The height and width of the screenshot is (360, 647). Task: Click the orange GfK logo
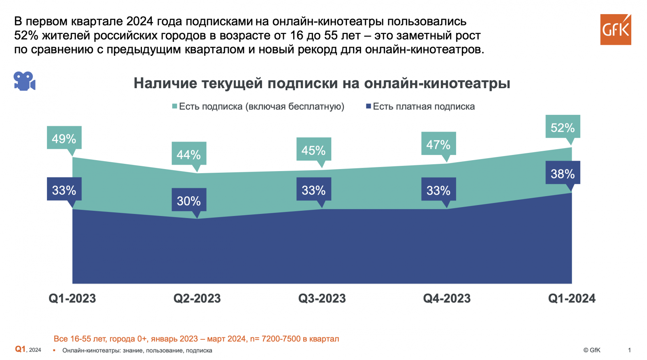[x=615, y=30]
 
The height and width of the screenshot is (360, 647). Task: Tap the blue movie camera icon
[x=24, y=81]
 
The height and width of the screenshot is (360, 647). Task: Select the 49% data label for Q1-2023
[x=64, y=138]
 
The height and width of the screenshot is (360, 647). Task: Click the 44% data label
[x=189, y=154]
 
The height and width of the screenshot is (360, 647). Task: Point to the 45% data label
[x=313, y=150]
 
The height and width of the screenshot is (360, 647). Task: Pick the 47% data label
[x=438, y=144]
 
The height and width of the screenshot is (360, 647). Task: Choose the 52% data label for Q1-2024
[x=562, y=127]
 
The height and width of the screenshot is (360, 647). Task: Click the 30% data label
[x=189, y=200]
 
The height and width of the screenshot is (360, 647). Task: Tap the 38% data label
[x=562, y=174]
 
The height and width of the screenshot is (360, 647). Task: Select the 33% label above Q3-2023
[x=313, y=190]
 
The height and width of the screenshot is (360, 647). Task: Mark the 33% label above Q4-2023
[x=438, y=190]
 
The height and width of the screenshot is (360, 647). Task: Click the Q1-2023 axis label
[x=72, y=299]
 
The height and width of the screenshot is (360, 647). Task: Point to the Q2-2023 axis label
[x=197, y=299]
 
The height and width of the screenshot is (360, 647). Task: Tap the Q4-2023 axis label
[x=447, y=299]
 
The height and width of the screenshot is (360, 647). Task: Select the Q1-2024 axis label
[x=572, y=299]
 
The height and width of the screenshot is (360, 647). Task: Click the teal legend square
[x=175, y=106]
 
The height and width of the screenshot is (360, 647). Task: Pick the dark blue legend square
[x=368, y=106]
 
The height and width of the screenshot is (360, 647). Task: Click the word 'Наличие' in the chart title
[x=165, y=83]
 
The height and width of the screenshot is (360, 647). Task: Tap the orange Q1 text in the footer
[x=20, y=349]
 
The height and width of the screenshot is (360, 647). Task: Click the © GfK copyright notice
[x=592, y=350]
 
